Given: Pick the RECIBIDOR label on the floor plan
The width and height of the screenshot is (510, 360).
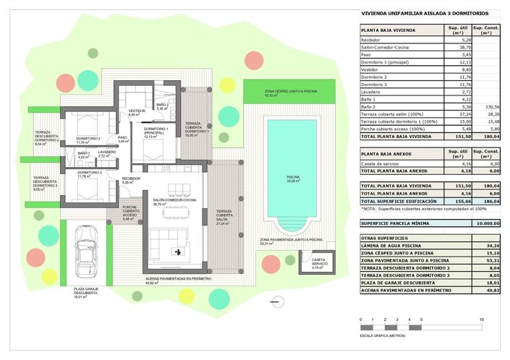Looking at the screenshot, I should click(131, 179).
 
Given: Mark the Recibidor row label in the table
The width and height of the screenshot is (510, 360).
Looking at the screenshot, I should click(373, 40).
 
